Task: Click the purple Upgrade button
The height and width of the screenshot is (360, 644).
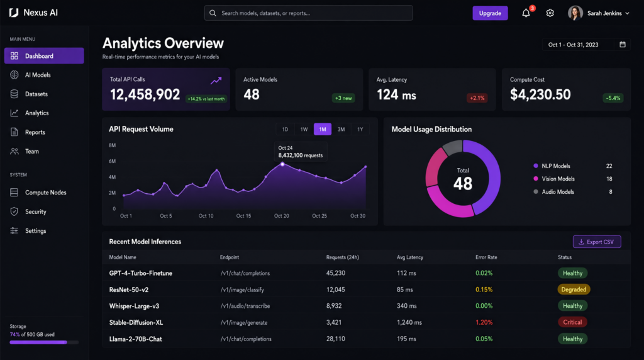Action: pyautogui.click(x=490, y=13)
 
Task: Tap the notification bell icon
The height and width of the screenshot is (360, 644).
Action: pyautogui.click(x=526, y=13)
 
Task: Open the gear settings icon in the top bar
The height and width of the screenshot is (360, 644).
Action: pyautogui.click(x=550, y=13)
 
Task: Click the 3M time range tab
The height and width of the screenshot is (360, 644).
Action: pyautogui.click(x=341, y=129)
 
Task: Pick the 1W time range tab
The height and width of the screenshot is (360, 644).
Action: pyautogui.click(x=304, y=129)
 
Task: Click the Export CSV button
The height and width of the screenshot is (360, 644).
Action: pyautogui.click(x=597, y=242)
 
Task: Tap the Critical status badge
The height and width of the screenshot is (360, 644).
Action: pyautogui.click(x=572, y=322)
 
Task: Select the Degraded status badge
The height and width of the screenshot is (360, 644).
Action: pyautogui.click(x=574, y=290)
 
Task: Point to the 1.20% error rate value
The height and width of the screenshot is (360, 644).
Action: pyautogui.click(x=484, y=322)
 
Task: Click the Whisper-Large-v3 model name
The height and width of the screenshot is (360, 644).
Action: pyautogui.click(x=134, y=306)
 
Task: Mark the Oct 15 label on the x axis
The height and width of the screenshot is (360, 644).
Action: pyautogui.click(x=243, y=216)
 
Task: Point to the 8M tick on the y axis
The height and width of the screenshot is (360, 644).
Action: pyautogui.click(x=112, y=145)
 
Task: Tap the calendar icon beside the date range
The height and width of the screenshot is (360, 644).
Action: pyautogui.click(x=623, y=45)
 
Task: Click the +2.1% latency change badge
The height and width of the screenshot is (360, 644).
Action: pyautogui.click(x=477, y=98)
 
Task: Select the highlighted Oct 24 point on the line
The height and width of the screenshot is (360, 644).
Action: pyautogui.click(x=282, y=164)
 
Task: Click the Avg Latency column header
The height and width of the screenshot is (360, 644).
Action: pyautogui.click(x=410, y=257)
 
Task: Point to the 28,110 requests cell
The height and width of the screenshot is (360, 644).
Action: pyautogui.click(x=336, y=339)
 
